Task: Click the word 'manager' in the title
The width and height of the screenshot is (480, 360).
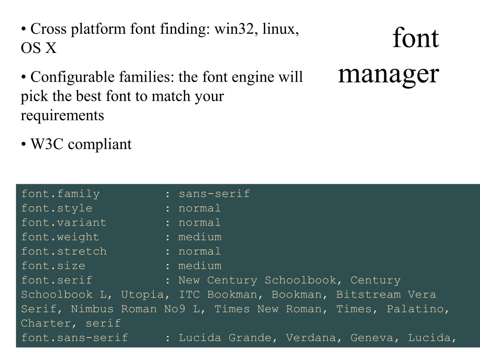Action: click(x=389, y=75)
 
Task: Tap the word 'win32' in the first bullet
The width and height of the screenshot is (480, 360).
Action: click(x=234, y=29)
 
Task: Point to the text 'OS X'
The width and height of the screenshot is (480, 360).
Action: click(x=38, y=48)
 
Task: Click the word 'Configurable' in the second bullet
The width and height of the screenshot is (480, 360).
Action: click(x=72, y=77)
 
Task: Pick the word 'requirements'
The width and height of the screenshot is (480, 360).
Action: click(x=62, y=116)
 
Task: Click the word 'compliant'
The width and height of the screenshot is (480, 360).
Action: click(x=100, y=144)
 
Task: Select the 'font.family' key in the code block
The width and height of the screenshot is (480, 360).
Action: click(x=60, y=194)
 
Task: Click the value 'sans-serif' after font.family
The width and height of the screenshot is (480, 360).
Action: click(x=214, y=194)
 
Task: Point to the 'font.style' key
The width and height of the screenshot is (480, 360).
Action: click(x=57, y=208)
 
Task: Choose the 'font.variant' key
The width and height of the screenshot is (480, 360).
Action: click(x=64, y=223)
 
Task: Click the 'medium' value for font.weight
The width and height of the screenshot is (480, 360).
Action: click(x=200, y=237)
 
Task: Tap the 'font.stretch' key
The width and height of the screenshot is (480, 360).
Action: click(x=64, y=251)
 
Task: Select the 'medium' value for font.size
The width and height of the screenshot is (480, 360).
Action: click(x=200, y=266)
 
